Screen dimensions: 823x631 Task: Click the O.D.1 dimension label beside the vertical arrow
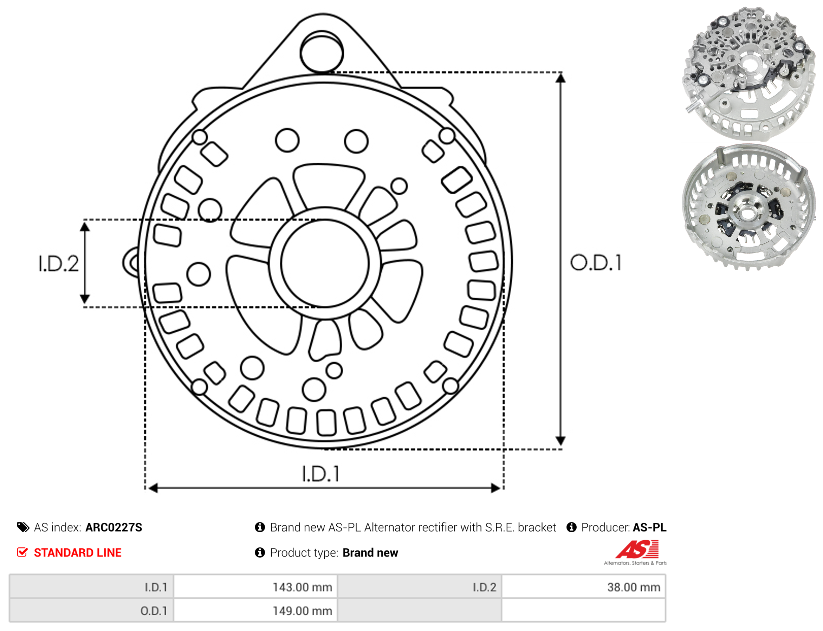point(596,262)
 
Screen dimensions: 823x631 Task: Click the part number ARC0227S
point(114,527)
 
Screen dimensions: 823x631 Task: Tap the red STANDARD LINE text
point(78,553)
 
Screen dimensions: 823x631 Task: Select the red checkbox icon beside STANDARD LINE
point(22,552)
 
